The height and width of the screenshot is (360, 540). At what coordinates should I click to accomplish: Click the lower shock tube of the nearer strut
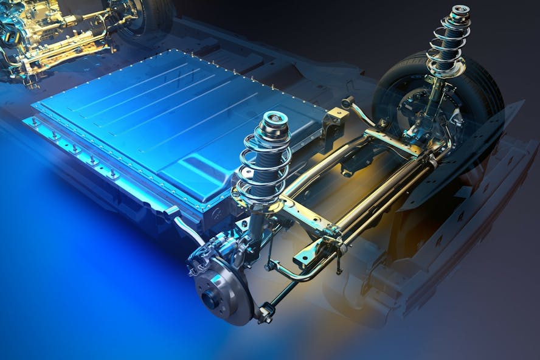255,225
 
